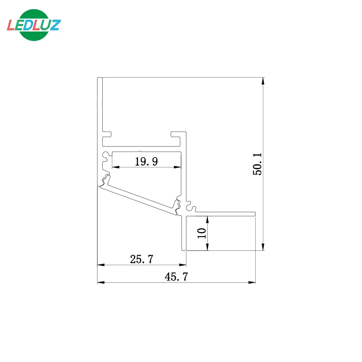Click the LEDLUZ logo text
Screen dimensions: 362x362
pos(33,24)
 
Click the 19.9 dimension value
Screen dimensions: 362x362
pos(146,161)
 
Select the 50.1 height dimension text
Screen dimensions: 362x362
pos(257,163)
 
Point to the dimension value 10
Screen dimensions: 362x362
pos(201,233)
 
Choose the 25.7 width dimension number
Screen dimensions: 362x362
pos(142,260)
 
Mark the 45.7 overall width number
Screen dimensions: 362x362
pos(176,277)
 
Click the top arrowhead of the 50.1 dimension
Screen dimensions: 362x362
pos(263,81)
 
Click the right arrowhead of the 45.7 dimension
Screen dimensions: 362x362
pos(252,283)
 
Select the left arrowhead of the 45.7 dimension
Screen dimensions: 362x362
pos(101,283)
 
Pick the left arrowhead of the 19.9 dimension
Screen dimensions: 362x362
pos(115,167)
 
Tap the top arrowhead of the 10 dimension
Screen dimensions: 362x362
pos(207,219)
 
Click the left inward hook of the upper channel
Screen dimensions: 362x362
pos(108,134)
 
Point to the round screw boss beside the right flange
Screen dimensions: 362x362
pos(191,209)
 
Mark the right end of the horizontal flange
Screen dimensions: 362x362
pos(255,213)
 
